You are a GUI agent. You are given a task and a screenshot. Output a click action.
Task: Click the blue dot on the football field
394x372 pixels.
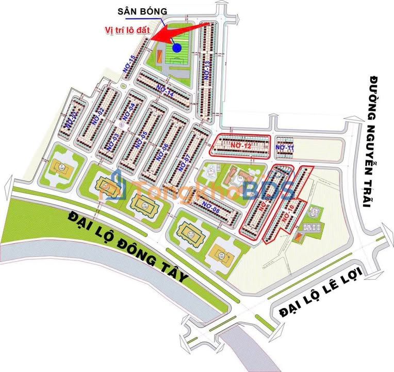(177, 48)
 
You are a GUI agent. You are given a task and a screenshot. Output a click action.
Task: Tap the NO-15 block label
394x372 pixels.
(129, 63)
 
